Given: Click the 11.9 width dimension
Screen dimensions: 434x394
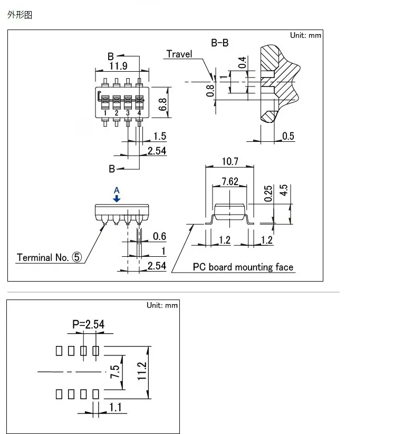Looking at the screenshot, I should point(118,66).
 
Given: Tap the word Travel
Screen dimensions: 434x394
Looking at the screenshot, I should point(179,54).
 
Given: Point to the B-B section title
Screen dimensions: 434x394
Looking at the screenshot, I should point(220,43).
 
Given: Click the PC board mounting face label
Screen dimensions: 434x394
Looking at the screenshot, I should point(243,267).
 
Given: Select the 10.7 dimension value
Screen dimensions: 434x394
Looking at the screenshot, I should point(230,161).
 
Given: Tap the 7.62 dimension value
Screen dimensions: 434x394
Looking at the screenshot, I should point(230,182).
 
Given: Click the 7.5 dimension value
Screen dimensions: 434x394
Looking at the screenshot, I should point(114,373).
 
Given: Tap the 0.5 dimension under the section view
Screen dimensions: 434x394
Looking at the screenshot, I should point(289,136).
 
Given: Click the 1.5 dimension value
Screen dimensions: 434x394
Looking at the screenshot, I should point(159,137).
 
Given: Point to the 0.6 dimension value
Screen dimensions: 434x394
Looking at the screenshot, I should point(159,236).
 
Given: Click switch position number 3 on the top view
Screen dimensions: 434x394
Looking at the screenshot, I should point(128,112).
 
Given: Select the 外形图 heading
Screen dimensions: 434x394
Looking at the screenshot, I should point(20,15).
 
